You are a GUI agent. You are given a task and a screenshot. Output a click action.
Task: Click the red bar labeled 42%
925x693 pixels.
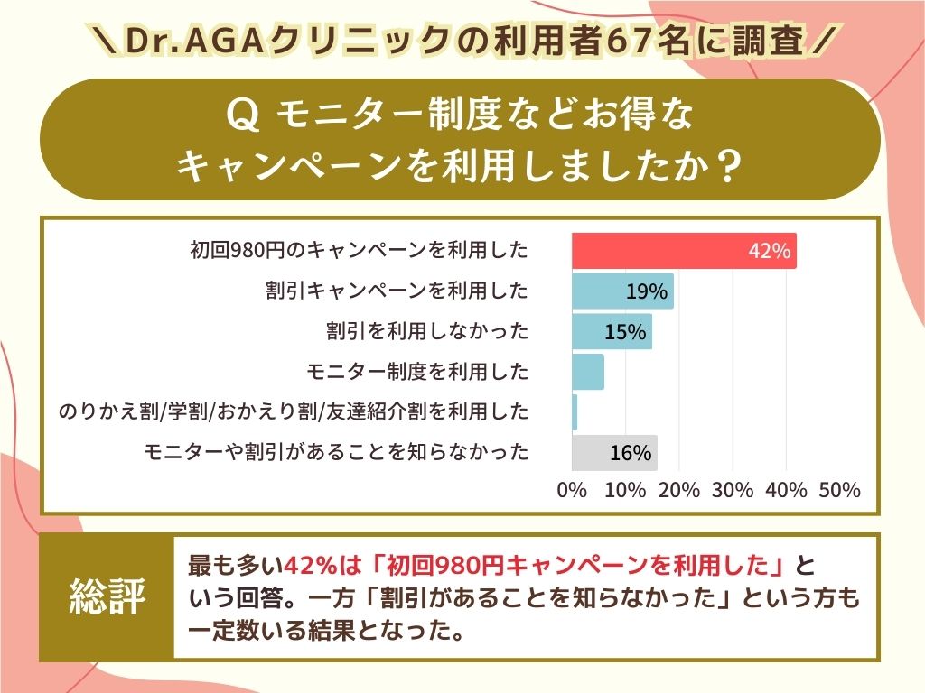684,251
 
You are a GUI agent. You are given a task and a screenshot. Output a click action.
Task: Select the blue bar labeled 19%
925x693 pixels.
622,291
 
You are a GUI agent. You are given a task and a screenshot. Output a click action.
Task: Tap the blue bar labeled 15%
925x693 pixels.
612,331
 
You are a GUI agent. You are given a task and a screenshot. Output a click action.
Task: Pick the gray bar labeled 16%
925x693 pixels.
614,453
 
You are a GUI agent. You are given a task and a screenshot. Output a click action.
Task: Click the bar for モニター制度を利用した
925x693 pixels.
588,371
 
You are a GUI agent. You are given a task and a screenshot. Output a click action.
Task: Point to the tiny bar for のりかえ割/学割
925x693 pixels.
575,412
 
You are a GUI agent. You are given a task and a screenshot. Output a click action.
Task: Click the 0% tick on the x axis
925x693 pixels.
572,490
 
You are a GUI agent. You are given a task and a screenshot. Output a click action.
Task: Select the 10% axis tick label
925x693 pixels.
625,490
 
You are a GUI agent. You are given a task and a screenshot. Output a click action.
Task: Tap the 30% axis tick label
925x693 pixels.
733,490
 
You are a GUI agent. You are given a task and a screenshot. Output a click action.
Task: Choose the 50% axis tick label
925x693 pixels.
839,490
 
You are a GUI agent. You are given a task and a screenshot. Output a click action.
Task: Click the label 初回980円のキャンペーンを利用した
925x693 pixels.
359,251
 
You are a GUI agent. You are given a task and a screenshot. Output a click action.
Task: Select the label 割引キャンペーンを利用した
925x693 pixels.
397,291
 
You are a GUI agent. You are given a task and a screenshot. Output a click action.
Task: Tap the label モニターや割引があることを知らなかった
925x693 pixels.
336,453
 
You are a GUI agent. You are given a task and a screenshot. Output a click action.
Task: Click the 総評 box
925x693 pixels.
107,596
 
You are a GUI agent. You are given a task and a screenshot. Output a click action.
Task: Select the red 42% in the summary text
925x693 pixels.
308,567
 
